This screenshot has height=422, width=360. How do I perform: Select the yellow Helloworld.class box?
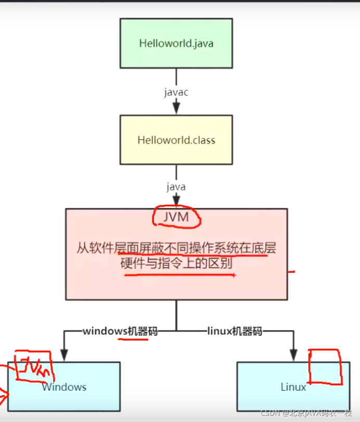[x=176, y=140]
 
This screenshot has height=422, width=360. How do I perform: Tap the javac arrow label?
[x=176, y=92]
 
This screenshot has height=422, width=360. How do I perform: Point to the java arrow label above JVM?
[x=176, y=186]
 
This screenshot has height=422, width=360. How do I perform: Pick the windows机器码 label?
[x=120, y=331]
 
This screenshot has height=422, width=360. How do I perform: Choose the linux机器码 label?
[x=234, y=331]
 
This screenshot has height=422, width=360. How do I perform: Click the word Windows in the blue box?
[x=64, y=387]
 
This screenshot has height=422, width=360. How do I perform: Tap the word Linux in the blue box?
[x=293, y=387]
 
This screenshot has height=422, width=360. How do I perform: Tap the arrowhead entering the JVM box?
[x=176, y=202]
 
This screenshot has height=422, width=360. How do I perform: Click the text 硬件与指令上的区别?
[x=176, y=263]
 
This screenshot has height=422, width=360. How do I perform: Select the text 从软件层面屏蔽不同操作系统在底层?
[x=176, y=248]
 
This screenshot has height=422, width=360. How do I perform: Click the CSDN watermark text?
[x=310, y=413]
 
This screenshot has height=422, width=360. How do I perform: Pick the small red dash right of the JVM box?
[x=292, y=271]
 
